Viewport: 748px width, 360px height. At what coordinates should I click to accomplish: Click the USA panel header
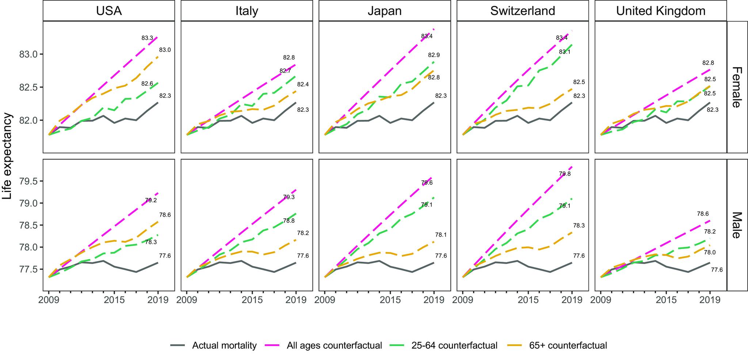point(109,11)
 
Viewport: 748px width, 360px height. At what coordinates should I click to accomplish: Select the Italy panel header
point(247,11)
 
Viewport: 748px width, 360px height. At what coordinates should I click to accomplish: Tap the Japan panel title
point(385,11)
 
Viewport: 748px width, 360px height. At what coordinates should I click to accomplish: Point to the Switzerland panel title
point(523,11)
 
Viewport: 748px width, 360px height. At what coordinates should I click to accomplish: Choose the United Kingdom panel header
point(661,11)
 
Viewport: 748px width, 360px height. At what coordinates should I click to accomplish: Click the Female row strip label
point(737,87)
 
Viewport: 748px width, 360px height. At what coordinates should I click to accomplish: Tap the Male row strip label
point(737,225)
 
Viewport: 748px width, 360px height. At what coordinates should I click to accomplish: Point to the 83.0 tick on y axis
point(28,54)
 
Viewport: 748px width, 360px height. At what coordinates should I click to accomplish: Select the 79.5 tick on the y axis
point(28,181)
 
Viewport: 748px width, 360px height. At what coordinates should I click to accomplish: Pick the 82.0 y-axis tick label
point(28,120)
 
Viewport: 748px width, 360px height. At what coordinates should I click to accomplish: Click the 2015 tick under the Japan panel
point(390,300)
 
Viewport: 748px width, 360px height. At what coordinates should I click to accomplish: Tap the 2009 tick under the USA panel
point(49,300)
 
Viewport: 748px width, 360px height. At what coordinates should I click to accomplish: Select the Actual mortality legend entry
point(224,345)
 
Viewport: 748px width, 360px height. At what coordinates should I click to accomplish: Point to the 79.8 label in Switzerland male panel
point(565,174)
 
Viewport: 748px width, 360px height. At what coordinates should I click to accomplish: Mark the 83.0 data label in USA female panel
point(165,50)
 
